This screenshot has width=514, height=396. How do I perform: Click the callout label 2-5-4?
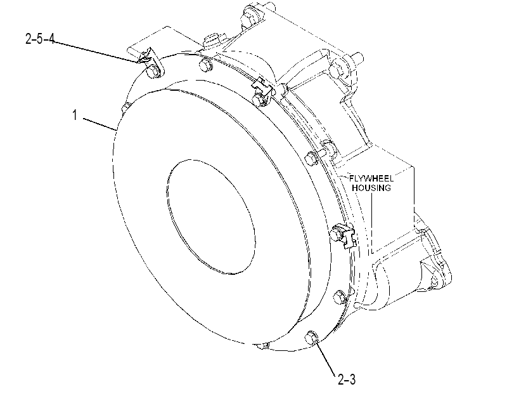coord(40,39)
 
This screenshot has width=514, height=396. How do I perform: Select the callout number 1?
coord(75,115)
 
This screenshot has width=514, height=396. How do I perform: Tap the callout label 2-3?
coord(347,379)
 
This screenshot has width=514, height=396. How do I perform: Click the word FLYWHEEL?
coord(371,178)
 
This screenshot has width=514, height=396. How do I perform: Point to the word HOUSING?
coord(371,188)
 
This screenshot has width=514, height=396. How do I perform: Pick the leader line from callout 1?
coord(100,124)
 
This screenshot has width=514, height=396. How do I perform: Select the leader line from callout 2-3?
coord(326,359)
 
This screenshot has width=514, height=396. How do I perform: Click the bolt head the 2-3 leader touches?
coord(311,338)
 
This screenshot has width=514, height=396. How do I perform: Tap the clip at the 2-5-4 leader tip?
coord(145,56)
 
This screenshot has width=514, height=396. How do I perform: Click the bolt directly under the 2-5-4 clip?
coord(153,71)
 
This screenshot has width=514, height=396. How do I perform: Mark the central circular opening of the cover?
coord(211,216)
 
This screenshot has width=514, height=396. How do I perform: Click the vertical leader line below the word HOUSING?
coord(372,223)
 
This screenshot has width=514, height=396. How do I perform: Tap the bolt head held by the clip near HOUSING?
coord(337,233)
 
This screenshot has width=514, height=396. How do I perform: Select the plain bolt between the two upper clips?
coord(205,65)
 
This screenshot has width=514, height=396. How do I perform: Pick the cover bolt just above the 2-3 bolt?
coord(339,297)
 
